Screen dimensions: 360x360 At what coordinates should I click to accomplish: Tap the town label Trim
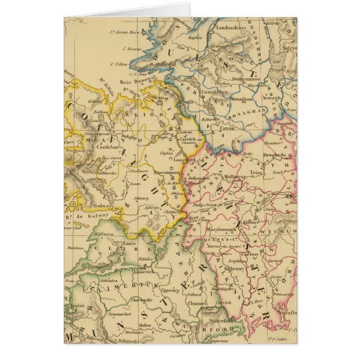click(256, 173)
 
